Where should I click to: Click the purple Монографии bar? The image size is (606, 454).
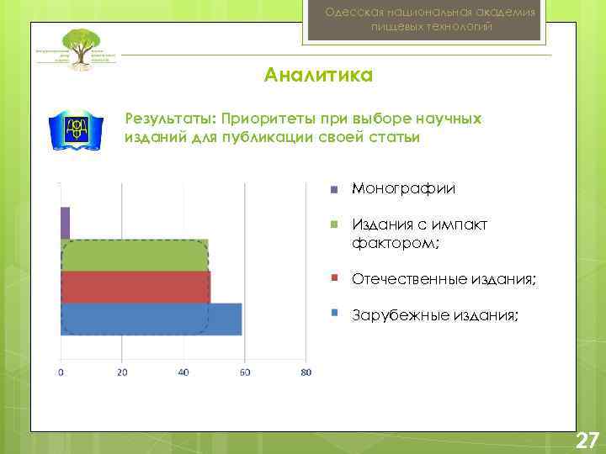tap(65, 223)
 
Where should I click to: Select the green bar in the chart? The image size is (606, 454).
tap(135, 255)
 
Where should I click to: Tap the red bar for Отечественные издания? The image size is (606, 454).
tap(135, 287)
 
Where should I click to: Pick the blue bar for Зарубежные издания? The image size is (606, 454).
tap(151, 319)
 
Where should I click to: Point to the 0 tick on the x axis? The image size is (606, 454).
tap(61, 372)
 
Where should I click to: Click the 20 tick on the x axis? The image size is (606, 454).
tap(122, 372)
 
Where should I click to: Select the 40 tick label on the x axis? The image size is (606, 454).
tap(183, 372)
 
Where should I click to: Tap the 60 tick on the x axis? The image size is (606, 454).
tap(245, 372)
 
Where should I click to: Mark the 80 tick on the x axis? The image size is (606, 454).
tap(306, 372)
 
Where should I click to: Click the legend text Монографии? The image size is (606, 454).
tap(403, 188)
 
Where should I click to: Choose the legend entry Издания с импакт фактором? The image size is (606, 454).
tap(419, 234)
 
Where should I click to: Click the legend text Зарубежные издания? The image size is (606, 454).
tap(435, 315)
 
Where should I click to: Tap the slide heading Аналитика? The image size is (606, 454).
tap(318, 77)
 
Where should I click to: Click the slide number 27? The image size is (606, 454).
tap(586, 440)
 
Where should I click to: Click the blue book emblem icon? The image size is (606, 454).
tap(74, 130)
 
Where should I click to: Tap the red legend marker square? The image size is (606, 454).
tap(334, 277)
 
